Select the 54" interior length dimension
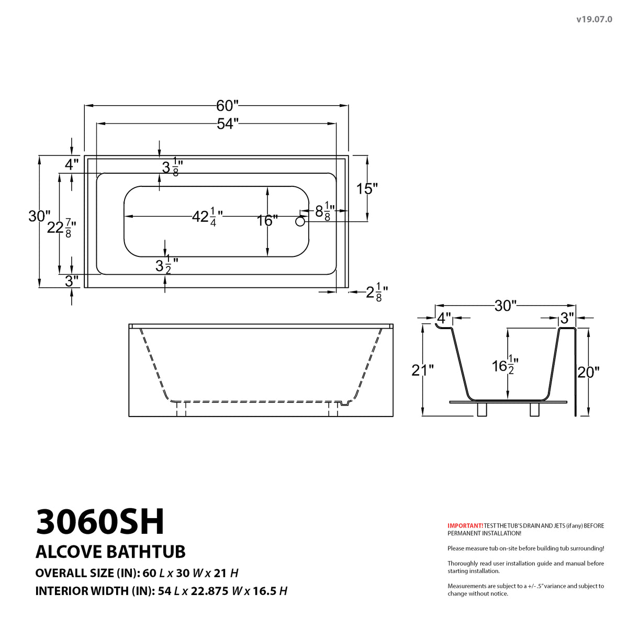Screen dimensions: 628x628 pyautogui.click(x=227, y=124)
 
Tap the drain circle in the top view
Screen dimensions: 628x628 pyautogui.click(x=300, y=221)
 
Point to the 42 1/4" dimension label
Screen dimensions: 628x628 pyautogui.click(x=207, y=216)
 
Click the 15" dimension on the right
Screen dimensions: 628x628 pyautogui.click(x=367, y=188)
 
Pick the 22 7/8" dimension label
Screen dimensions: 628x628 pyautogui.click(x=62, y=228)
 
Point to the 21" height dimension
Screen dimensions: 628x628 pyautogui.click(x=422, y=371)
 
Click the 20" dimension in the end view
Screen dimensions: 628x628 pyautogui.click(x=588, y=372)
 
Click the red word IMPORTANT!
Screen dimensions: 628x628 pyautogui.click(x=465, y=525)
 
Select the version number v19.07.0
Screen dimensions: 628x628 pyautogui.click(x=594, y=19)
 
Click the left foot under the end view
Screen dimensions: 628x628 pyautogui.click(x=482, y=409)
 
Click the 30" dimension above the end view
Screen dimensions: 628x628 pyautogui.click(x=506, y=306)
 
